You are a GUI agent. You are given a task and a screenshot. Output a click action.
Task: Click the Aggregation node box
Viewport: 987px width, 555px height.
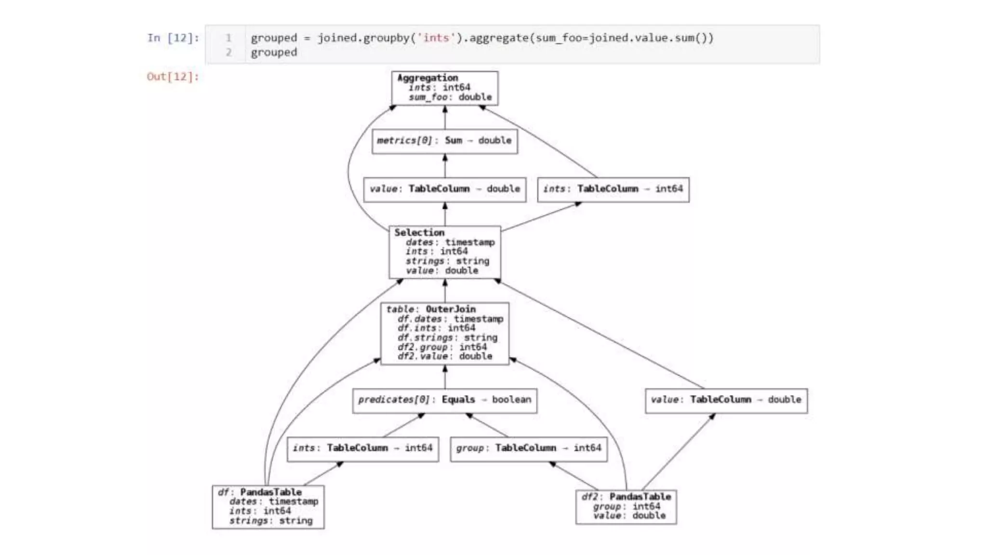coord(444,88)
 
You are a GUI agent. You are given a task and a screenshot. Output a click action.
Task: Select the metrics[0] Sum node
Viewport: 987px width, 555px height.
coord(444,141)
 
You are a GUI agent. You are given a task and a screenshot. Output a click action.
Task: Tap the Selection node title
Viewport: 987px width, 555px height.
coord(419,233)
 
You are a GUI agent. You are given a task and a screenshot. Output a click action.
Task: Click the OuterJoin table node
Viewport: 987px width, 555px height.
coord(444,333)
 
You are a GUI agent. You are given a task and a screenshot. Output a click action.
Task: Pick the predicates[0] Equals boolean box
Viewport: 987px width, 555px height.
coord(444,400)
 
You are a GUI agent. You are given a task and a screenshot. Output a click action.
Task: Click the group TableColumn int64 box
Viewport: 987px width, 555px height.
coord(528,448)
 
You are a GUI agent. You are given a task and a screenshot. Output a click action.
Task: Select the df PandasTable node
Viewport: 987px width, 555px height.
coord(268,506)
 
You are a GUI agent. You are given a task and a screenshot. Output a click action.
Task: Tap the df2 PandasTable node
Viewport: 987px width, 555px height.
coord(626,506)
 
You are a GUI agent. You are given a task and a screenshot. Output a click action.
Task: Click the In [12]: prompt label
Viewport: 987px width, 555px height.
coord(173,38)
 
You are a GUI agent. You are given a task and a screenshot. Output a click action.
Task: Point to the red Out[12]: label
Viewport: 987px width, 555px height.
coord(173,77)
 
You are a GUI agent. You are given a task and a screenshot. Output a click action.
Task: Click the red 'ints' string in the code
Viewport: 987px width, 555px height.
coord(436,38)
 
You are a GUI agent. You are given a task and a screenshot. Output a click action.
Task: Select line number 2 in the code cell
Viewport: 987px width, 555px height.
coord(228,52)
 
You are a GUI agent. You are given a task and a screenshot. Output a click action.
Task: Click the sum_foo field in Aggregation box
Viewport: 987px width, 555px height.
coord(428,97)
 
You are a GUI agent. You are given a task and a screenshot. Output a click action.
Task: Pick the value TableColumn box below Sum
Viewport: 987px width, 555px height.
coord(444,189)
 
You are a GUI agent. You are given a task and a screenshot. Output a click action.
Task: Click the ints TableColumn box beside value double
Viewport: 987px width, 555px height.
coord(613,189)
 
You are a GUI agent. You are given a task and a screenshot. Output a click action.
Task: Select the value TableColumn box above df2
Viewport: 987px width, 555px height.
coord(726,400)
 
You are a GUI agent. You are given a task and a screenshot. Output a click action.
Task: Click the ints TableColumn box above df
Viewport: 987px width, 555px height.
coord(362,448)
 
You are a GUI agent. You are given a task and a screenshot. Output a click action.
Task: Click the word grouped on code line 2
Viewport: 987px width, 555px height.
coord(274,52)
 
